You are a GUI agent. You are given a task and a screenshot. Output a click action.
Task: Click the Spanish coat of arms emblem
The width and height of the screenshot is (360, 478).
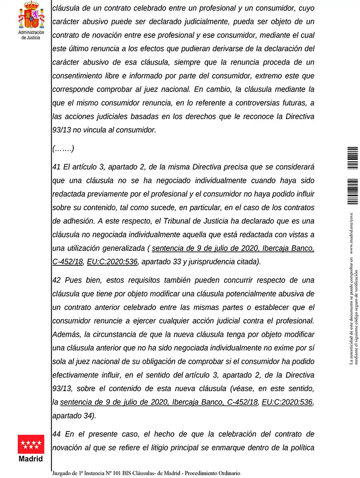(31, 15)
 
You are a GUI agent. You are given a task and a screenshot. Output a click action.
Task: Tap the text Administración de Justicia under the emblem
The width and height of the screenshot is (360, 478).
(31, 35)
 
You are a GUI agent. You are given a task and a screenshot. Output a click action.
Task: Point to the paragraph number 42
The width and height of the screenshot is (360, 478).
(57, 280)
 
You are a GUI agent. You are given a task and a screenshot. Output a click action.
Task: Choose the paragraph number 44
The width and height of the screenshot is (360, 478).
(57, 434)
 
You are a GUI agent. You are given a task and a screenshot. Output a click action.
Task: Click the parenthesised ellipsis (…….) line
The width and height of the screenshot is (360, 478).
(63, 149)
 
